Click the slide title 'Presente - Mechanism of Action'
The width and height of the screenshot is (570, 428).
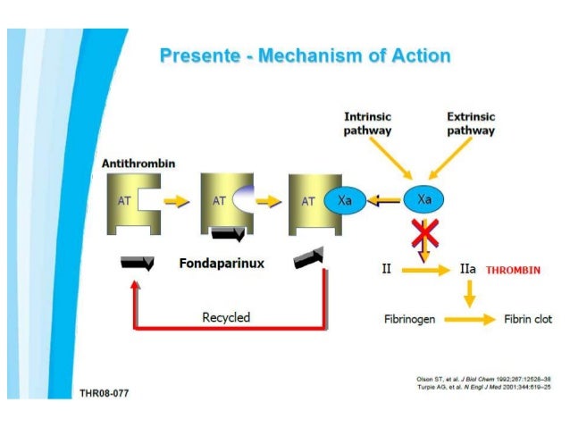tap(305, 56)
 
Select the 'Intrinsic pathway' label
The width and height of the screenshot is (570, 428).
tap(368, 124)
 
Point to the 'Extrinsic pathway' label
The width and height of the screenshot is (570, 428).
tap(471, 124)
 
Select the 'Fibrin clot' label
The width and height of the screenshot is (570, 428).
tap(529, 319)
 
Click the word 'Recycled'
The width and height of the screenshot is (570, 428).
tap(226, 317)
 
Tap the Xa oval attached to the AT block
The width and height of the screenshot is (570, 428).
tap(344, 201)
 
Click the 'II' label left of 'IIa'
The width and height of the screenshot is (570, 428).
tap(386, 268)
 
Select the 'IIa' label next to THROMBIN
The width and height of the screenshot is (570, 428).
tap(467, 268)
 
